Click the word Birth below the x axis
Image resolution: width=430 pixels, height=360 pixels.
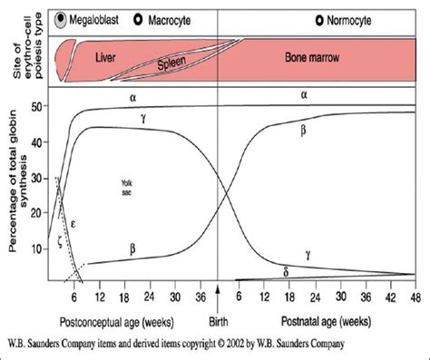[218, 320]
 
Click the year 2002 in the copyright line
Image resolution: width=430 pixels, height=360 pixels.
[252, 343]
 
